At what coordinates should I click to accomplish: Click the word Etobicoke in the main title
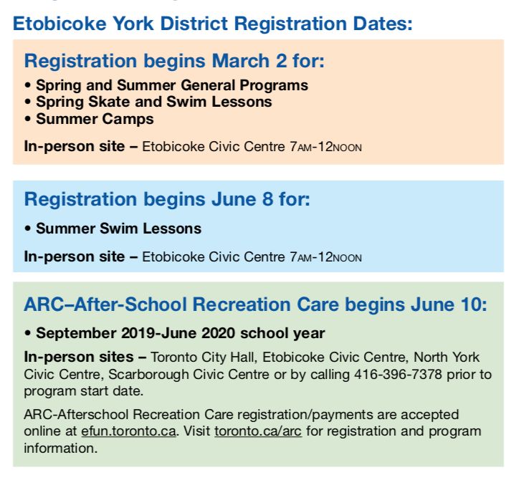coord(59,24)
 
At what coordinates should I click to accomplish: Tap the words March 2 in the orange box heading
coord(249,61)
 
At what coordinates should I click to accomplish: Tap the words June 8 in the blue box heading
coord(242,199)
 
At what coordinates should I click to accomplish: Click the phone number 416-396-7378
coord(398,375)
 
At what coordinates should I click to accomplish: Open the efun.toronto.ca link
coord(129,431)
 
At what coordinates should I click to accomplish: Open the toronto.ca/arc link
coord(258,431)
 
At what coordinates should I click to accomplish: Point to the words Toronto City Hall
coord(204,357)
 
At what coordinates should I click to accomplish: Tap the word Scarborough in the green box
coord(148,375)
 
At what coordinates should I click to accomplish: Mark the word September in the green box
coord(76,334)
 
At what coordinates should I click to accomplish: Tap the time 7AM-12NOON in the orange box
coord(325,147)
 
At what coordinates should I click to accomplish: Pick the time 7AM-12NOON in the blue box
coord(325,257)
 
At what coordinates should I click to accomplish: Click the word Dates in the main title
coord(383,24)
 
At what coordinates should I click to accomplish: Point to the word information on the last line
coord(60,448)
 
